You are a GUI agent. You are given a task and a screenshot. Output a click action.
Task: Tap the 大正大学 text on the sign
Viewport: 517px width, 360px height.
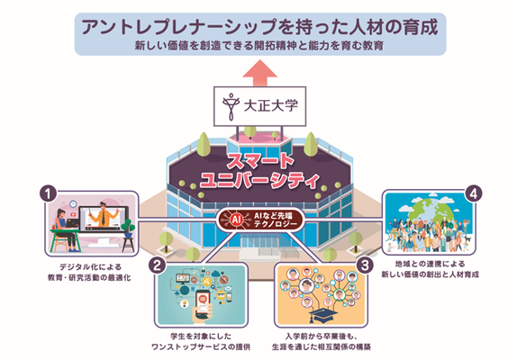click(271, 106)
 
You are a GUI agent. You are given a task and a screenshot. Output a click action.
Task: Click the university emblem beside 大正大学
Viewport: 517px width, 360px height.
click(231, 106)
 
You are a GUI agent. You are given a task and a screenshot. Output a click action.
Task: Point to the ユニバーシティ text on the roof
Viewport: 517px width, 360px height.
click(259, 180)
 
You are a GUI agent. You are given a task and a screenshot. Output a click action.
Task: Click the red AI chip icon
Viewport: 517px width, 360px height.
click(236, 220)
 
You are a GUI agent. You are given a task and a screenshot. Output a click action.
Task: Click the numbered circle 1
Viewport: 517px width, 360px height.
click(49, 193)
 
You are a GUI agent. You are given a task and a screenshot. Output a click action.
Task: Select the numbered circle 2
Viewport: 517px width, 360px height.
click(158, 265)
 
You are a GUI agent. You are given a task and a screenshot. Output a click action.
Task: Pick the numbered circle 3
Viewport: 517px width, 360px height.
click(365, 265)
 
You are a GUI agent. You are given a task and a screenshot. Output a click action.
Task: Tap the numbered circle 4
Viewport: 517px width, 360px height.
click(474, 193)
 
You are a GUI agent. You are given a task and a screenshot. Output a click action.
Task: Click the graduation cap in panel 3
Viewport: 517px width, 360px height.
click(322, 315)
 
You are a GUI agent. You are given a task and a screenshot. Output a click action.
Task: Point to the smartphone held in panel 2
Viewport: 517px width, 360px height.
click(204, 303)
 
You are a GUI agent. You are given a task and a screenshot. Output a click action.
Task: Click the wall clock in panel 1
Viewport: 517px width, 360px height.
click(73, 204)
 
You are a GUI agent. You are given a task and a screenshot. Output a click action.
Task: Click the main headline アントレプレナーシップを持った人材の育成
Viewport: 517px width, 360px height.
click(259, 27)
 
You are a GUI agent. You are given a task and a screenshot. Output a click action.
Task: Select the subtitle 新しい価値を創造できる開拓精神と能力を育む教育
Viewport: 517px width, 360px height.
click(259, 46)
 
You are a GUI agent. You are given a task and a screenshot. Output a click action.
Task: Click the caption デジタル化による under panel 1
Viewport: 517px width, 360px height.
click(90, 266)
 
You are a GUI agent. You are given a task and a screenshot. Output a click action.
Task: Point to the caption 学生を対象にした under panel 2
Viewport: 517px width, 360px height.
click(201, 336)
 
